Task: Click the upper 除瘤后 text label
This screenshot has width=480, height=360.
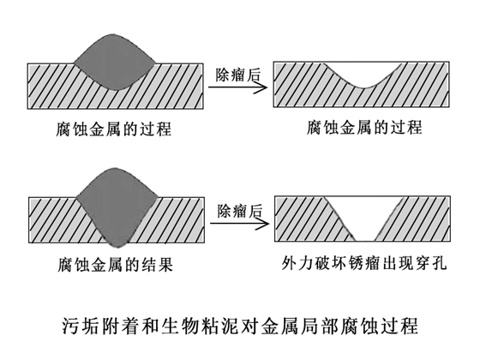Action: [237, 75]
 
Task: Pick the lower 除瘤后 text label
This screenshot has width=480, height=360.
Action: [237, 210]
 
